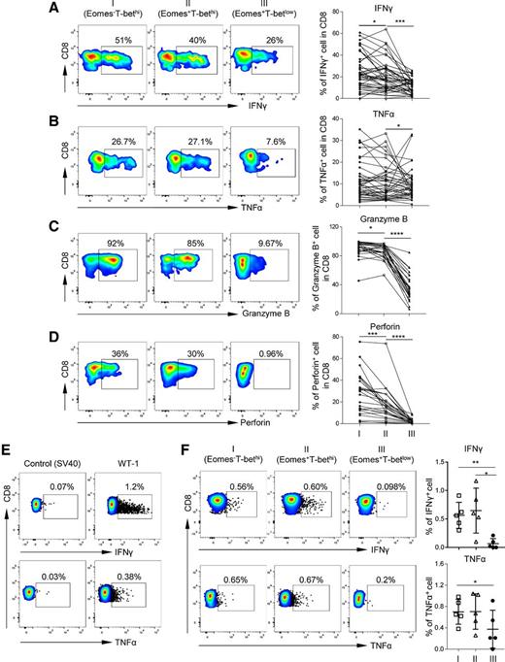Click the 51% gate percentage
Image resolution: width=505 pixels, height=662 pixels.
pyautogui.click(x=123, y=41)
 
